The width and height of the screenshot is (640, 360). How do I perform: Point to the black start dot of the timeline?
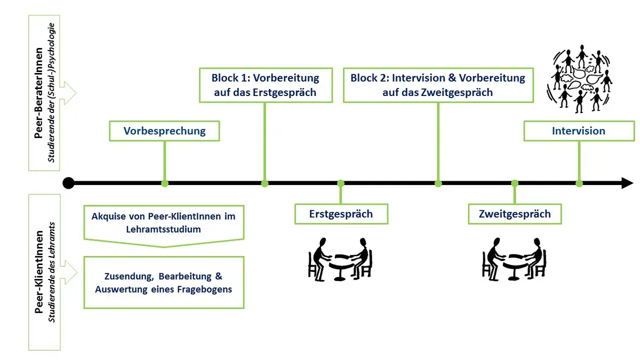69,183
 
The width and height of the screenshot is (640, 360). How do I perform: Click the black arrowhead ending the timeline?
627,183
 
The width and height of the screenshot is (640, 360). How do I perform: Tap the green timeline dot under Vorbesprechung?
165,183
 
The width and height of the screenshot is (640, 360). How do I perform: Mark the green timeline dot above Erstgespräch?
341,183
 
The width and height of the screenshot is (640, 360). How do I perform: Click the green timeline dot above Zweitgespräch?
515,183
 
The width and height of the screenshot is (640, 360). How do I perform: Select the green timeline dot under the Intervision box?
579,183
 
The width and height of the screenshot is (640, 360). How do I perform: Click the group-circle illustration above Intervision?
579,79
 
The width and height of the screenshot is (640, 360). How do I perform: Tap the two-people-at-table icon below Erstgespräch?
340,259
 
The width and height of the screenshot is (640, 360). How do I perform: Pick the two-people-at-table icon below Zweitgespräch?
514,259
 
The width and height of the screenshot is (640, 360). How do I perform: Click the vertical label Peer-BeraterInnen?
38,93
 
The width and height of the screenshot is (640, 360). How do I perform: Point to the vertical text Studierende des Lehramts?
51,273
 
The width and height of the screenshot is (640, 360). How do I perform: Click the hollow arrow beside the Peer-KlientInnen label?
69,273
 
